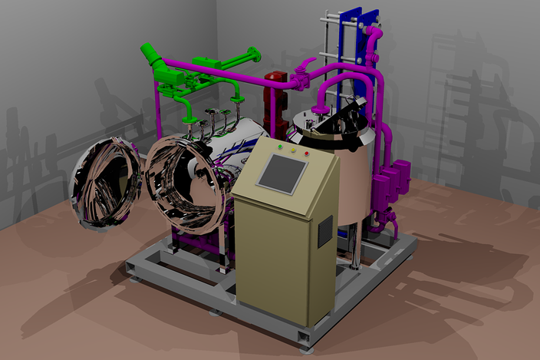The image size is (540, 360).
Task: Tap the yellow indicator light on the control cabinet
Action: (x=294, y=149)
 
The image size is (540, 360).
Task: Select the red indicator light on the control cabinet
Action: (x=307, y=154)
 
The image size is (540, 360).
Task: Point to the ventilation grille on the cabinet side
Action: (x=325, y=231)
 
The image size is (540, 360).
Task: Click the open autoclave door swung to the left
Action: (x=107, y=182)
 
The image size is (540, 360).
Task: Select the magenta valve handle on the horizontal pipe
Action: (x=307, y=64)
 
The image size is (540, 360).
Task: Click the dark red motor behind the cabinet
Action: (x=274, y=80)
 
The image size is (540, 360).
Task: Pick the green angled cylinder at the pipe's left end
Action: (x=150, y=55)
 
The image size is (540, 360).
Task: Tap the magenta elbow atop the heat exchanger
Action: (x=375, y=36)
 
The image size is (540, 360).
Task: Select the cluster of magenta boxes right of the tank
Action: (x=392, y=180)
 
